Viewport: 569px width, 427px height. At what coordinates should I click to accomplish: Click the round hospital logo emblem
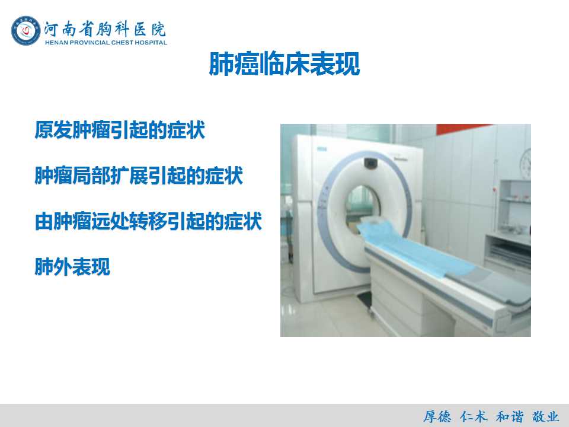25,31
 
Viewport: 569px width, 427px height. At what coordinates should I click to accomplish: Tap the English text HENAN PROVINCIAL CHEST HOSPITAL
106,43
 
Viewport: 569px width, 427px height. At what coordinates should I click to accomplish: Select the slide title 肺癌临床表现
284,64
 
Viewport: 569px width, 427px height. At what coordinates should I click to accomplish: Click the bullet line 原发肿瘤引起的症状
120,130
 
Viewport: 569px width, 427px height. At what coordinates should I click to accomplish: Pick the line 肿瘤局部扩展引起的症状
139,176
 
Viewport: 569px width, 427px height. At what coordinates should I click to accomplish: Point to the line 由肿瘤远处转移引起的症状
148,221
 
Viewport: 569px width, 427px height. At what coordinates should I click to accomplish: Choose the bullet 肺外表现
72,267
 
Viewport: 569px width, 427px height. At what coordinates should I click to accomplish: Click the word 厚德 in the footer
437,416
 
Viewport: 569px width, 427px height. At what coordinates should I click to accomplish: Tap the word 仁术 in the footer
474,416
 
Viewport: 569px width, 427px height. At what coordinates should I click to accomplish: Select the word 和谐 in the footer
510,416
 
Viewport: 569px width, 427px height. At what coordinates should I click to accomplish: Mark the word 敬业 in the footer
545,416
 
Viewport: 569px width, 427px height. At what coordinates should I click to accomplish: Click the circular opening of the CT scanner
363,208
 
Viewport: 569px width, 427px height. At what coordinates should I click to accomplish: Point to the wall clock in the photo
526,163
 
